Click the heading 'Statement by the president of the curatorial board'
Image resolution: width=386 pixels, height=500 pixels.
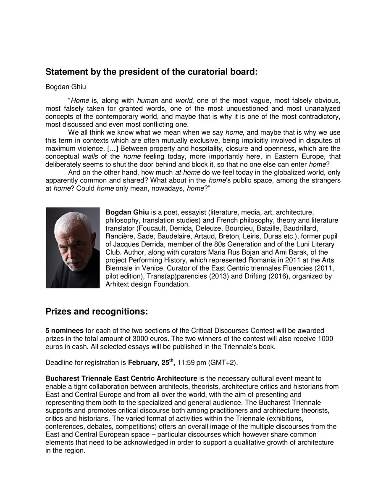[x=151, y=72]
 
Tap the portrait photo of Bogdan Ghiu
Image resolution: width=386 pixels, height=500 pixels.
[x=73, y=248]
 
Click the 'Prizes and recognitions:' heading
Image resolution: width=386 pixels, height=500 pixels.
[x=97, y=312]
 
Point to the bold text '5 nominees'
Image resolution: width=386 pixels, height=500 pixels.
[x=64, y=331]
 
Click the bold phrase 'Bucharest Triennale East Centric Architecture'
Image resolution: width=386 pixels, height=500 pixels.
[x=121, y=379]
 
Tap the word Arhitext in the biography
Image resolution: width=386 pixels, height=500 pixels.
[x=119, y=284]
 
